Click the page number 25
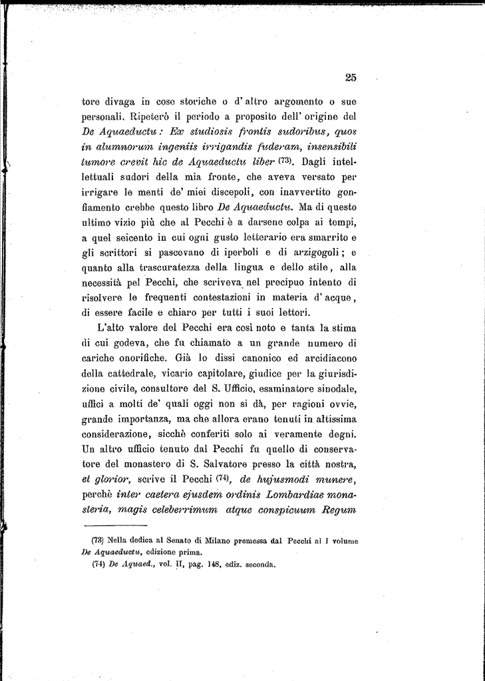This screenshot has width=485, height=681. click(x=351, y=77)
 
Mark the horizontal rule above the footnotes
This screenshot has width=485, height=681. click(x=115, y=525)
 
